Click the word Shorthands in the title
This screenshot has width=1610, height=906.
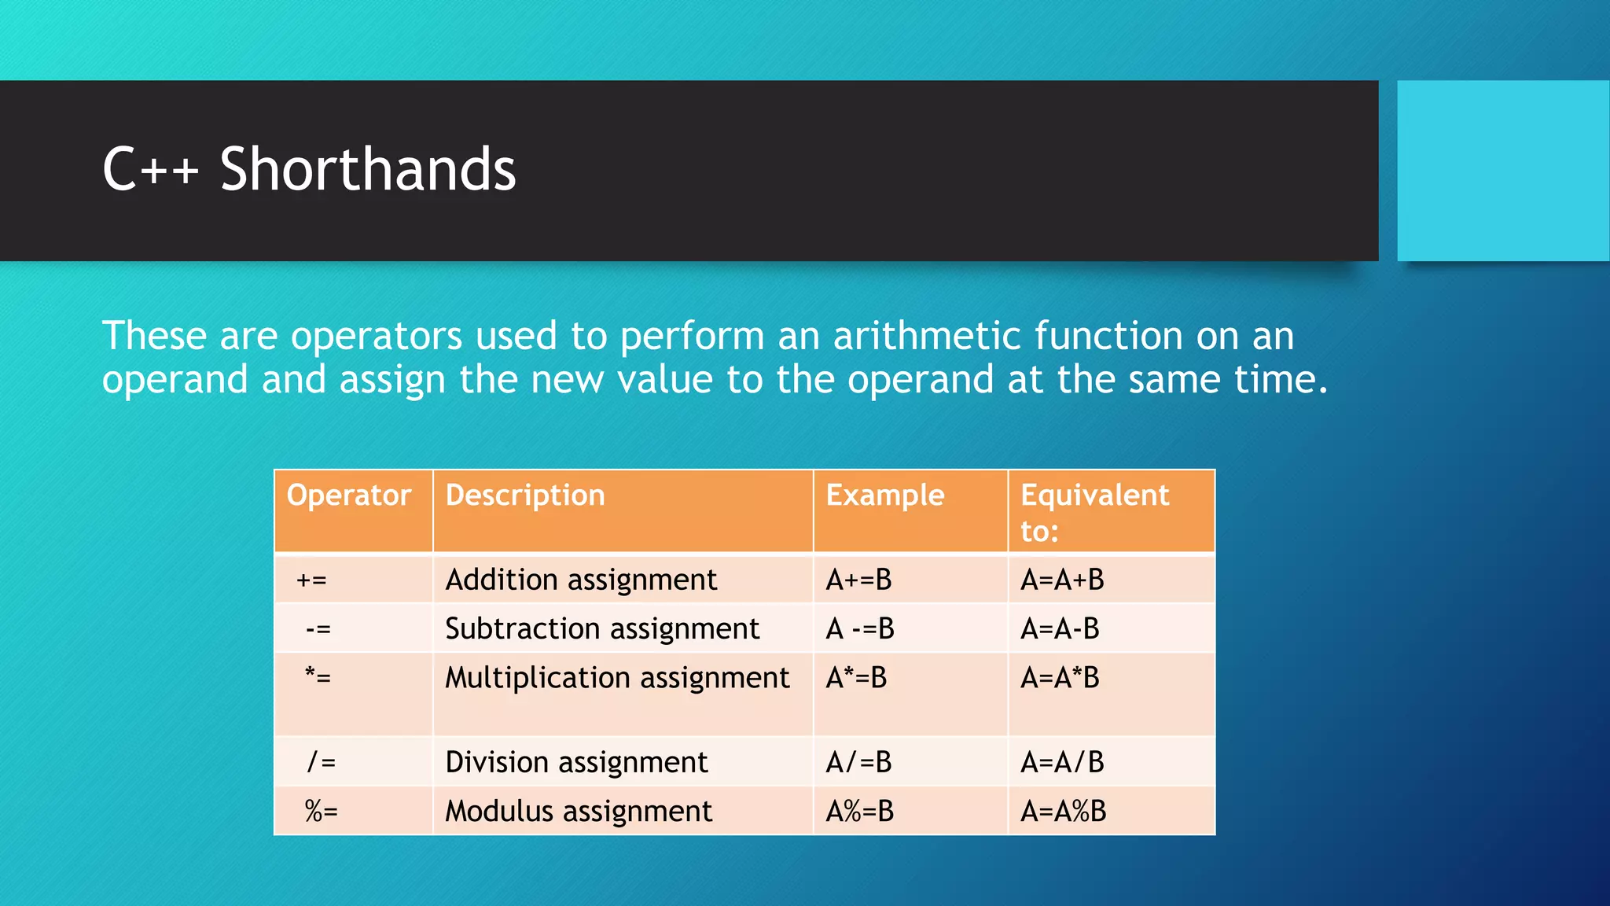pyautogui.click(x=367, y=170)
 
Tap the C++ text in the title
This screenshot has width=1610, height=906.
pyautogui.click(x=150, y=170)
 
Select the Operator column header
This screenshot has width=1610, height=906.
pyautogui.click(x=348, y=495)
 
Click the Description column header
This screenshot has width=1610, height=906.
pyautogui.click(x=525, y=495)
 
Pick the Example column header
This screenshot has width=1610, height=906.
pyautogui.click(x=885, y=495)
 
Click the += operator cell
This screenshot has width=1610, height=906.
pyautogui.click(x=311, y=580)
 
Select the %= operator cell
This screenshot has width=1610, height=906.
pyautogui.click(x=321, y=811)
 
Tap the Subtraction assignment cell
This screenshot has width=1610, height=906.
pyautogui.click(x=602, y=629)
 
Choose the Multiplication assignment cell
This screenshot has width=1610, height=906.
pyautogui.click(x=617, y=678)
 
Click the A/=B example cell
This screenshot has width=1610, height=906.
pyautogui.click(x=858, y=762)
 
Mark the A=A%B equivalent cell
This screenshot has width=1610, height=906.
pyautogui.click(x=1063, y=811)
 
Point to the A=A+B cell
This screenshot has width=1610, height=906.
pyautogui.click(x=1062, y=580)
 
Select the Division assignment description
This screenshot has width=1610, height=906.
pyautogui.click(x=576, y=762)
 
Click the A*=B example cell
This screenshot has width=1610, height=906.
pyautogui.click(x=856, y=678)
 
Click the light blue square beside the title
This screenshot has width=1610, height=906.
pyautogui.click(x=1502, y=171)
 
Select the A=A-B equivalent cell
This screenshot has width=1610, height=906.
pyautogui.click(x=1060, y=629)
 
